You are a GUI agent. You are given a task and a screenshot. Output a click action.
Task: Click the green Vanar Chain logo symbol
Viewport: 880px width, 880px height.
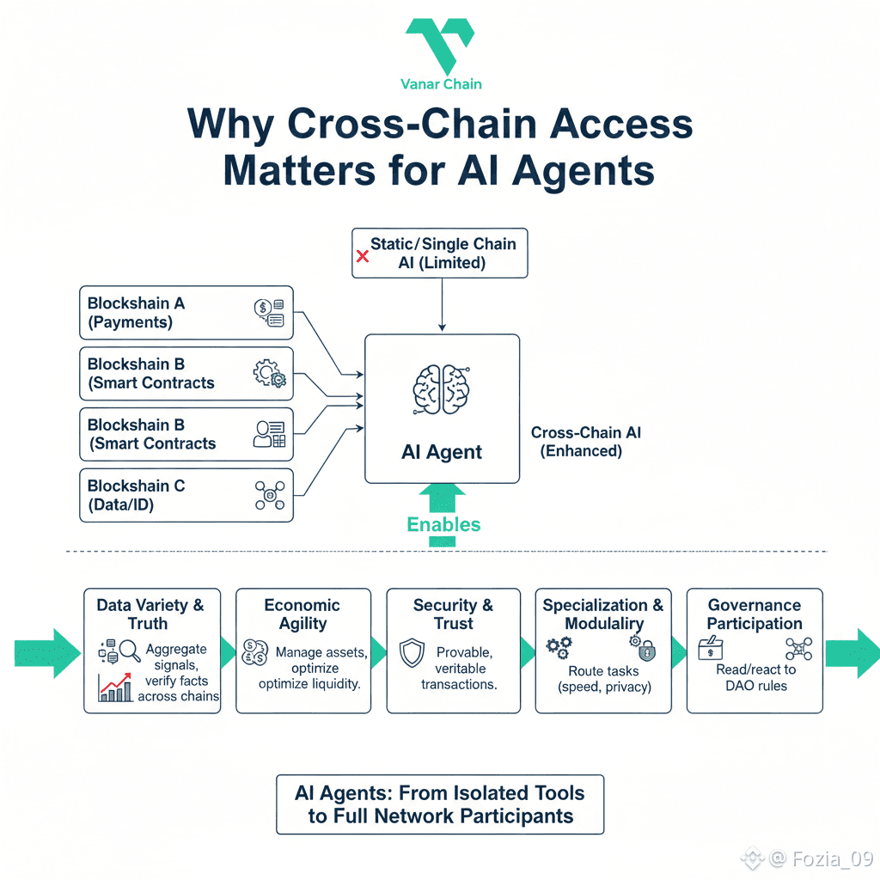439,43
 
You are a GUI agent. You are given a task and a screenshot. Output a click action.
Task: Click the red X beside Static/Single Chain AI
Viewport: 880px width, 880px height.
364,255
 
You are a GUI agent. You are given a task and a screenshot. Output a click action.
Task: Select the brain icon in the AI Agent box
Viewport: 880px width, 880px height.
442,389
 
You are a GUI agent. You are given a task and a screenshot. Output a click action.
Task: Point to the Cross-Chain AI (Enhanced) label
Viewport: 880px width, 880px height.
585,442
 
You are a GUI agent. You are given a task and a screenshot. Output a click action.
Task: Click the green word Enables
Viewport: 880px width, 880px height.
443,524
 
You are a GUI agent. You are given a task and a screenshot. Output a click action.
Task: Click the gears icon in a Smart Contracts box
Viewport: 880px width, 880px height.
269,374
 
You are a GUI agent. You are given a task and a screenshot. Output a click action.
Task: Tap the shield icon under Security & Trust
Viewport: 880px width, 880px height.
413,654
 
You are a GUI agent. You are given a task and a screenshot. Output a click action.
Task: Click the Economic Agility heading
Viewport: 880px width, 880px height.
302,614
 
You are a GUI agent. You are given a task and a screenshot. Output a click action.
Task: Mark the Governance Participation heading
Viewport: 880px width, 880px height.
755,614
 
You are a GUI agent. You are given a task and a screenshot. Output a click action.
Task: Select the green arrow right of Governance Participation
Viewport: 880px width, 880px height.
852,653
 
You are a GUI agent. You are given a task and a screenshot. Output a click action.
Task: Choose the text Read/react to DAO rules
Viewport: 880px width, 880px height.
755,677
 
